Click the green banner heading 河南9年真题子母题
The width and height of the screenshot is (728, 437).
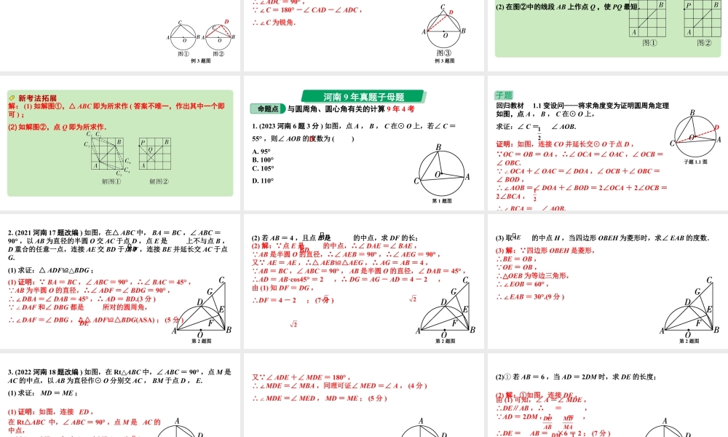364,96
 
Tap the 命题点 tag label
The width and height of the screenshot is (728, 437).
267,109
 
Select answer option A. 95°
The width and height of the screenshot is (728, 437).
261,151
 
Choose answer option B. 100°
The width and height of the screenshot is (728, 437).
263,160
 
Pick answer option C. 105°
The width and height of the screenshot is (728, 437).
263,168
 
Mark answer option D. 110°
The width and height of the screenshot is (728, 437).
263,181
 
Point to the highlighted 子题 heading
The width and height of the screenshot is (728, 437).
504,95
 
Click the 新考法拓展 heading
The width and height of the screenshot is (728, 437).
37,98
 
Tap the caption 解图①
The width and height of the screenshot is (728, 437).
111,181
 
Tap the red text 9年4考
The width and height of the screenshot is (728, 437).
400,109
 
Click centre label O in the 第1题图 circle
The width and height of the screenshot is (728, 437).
438,175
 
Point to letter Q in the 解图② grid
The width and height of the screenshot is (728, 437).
150,150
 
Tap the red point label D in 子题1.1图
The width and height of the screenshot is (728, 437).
716,127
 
